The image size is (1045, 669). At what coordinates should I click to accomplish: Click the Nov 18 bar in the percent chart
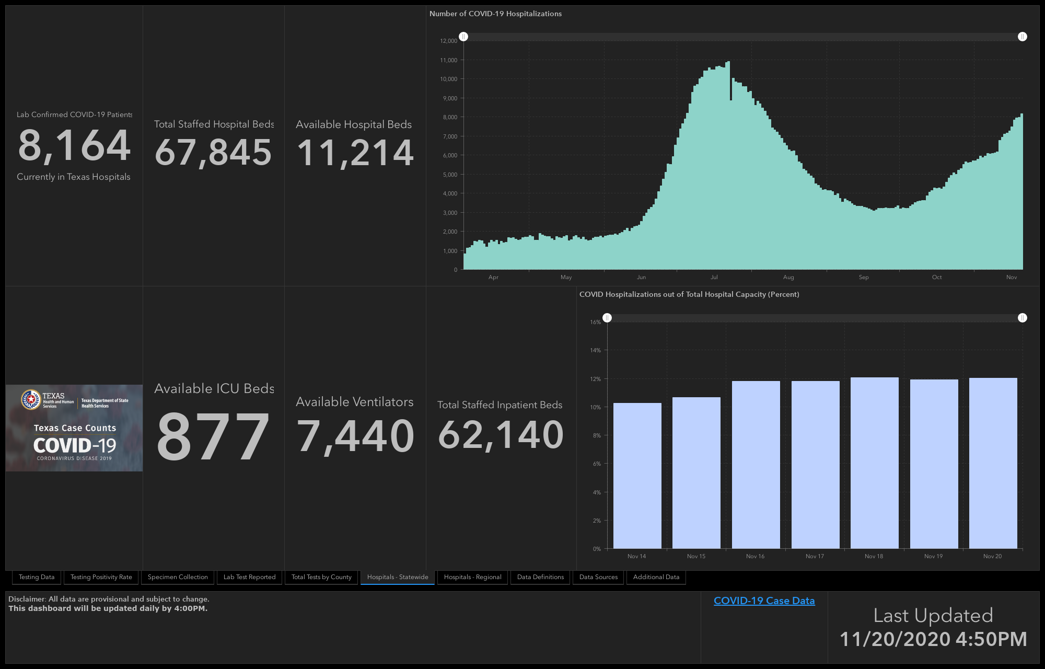(874, 463)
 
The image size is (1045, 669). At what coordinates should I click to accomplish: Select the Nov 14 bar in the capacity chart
(637, 476)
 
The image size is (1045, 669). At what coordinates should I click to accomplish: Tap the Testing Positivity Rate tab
(101, 577)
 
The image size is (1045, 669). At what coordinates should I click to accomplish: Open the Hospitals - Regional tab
(472, 577)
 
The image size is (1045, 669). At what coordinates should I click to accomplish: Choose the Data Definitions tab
(540, 577)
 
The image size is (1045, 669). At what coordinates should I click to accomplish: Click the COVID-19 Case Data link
(764, 601)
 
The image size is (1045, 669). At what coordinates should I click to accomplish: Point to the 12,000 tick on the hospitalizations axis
(449, 41)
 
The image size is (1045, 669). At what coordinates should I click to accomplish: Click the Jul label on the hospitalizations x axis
(714, 277)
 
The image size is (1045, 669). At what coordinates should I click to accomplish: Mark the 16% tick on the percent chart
(596, 322)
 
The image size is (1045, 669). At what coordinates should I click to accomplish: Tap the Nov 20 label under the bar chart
(992, 556)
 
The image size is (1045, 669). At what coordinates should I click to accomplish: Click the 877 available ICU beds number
(213, 436)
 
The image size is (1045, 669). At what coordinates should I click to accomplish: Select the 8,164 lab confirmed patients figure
(74, 145)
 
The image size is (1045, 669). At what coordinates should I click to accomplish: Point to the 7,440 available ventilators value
(355, 436)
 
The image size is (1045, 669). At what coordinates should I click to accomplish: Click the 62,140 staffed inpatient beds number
(501, 435)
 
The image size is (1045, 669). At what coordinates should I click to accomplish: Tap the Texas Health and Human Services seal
(31, 400)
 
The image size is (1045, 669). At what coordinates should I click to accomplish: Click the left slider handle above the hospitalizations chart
(463, 37)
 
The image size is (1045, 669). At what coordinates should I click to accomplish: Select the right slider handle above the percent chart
(1023, 318)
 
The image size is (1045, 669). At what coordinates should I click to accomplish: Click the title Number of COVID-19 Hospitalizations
(495, 14)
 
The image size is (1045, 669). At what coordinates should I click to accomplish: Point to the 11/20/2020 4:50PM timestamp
(933, 639)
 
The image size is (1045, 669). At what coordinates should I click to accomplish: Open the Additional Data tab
(656, 577)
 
